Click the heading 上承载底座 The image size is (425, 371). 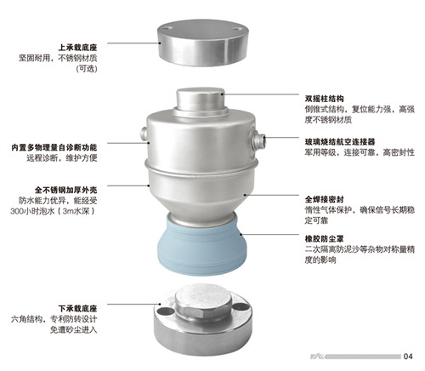click(x=77, y=47)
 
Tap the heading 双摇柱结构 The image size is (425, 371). click(x=324, y=99)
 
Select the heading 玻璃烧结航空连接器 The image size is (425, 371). click(x=340, y=141)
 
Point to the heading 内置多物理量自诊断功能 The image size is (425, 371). click(x=54, y=147)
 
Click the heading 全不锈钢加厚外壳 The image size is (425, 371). click(x=66, y=190)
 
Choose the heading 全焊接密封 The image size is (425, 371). click(x=324, y=199)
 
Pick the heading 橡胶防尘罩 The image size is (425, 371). click(x=324, y=239)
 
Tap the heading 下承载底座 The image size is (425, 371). click(x=77, y=308)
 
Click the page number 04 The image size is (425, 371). click(x=408, y=357)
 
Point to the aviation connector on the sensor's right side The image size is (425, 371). click(x=258, y=140)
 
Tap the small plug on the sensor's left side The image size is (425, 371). click(x=144, y=134)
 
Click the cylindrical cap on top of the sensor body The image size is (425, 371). click(x=201, y=100)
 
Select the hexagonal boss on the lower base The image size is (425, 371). click(x=203, y=302)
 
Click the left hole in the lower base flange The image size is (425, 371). click(x=166, y=311)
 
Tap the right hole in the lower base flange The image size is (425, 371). click(x=241, y=306)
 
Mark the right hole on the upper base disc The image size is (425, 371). click(x=237, y=29)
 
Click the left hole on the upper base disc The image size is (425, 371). click(x=167, y=28)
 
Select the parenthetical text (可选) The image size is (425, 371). click(x=87, y=69)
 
